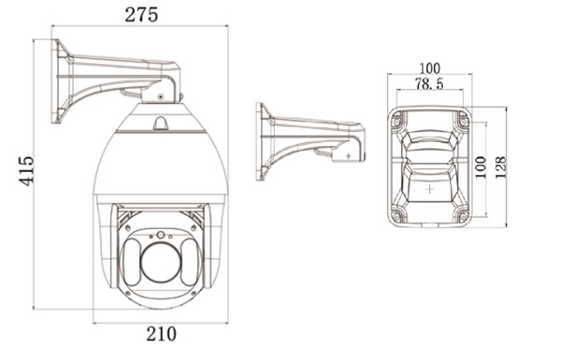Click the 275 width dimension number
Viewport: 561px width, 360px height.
(141, 15)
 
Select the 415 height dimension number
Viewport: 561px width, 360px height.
(26, 171)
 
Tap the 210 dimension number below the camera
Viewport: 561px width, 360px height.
(161, 334)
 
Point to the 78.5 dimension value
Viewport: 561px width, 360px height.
(429, 84)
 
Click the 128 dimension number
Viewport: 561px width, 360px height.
(501, 167)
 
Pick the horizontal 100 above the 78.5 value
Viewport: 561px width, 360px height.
(430, 68)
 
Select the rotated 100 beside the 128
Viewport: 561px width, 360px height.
(481, 167)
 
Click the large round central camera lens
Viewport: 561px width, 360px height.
(161, 263)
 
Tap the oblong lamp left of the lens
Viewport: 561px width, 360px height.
(131, 262)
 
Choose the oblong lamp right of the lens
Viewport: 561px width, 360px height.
(190, 262)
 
